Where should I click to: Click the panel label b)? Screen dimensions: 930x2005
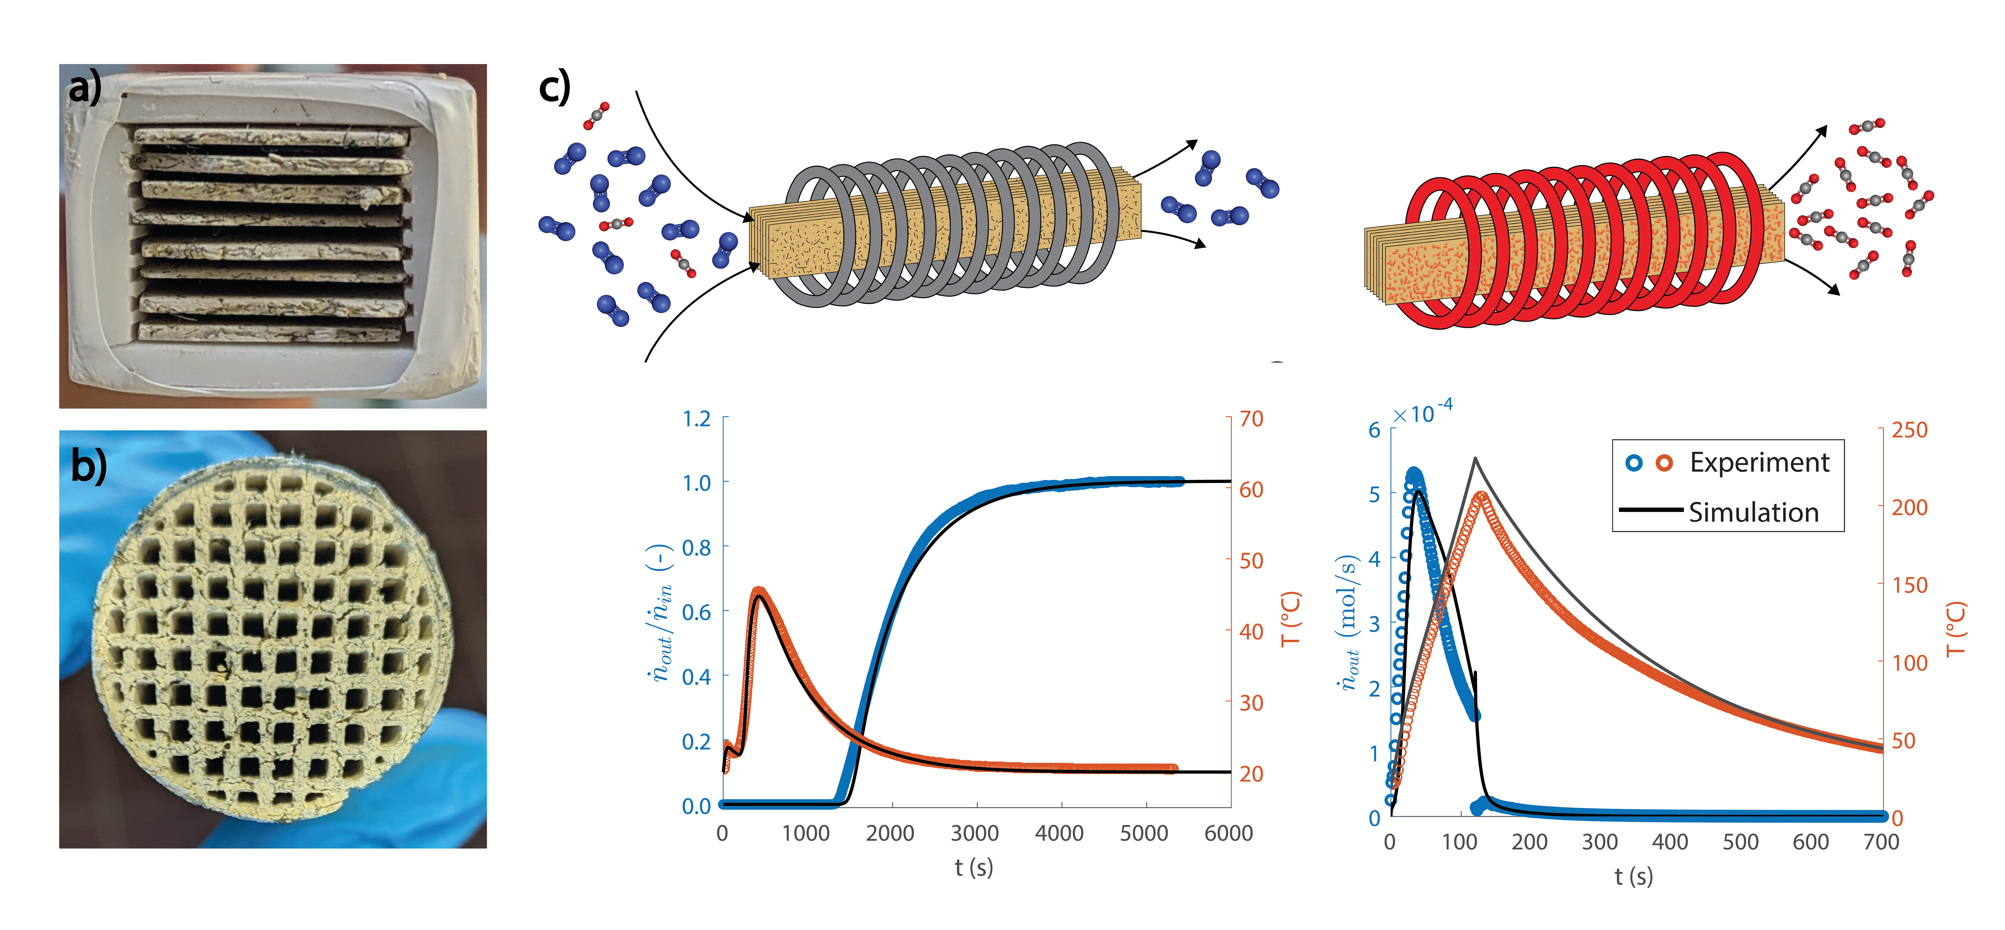point(88,467)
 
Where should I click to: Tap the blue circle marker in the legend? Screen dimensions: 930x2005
point(1634,463)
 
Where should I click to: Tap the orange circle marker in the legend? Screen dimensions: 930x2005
point(1664,463)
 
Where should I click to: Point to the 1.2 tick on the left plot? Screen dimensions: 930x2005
point(697,420)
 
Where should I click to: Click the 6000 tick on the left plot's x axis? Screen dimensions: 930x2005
point(1228,834)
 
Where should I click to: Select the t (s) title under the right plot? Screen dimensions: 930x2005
point(1633,876)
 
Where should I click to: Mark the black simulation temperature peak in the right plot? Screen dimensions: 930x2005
point(1475,459)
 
